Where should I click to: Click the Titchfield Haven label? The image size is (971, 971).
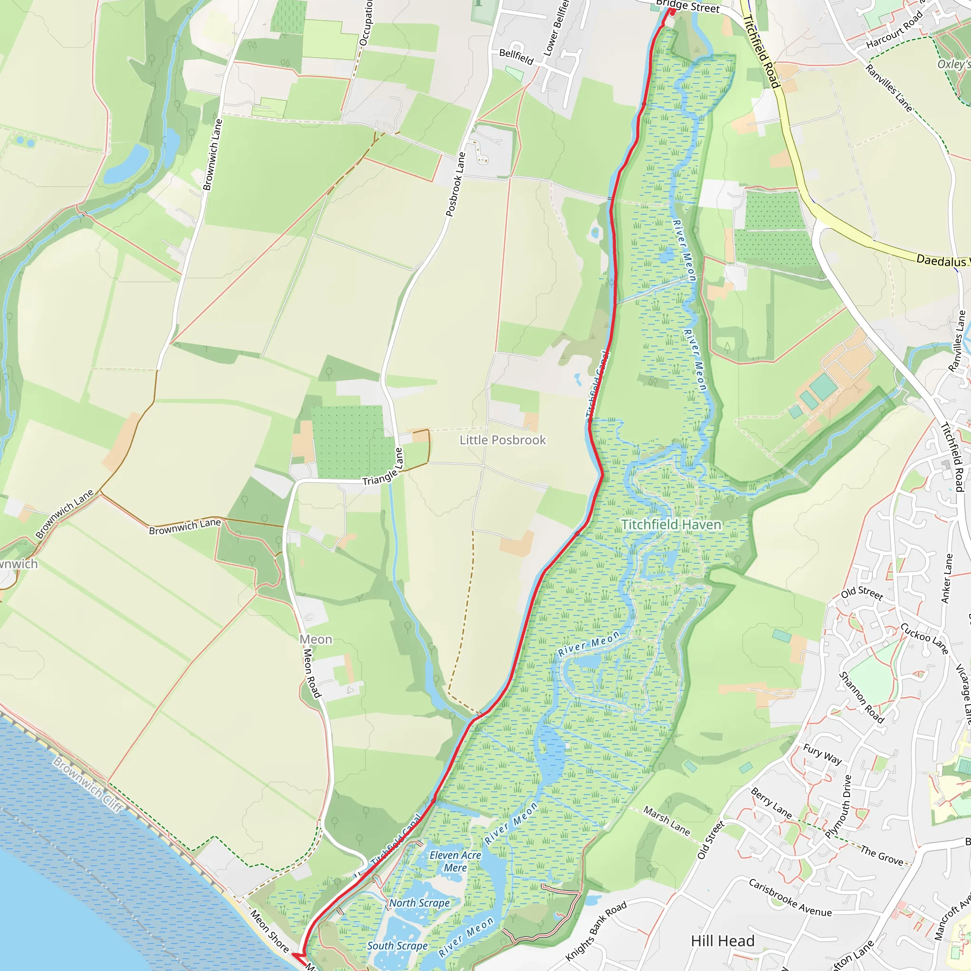[671, 525]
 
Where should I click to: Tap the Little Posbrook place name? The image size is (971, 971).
[503, 440]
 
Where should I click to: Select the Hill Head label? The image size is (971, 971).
[723, 941]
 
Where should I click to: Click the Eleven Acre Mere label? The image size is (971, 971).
[455, 861]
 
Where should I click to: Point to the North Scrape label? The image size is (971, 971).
[420, 903]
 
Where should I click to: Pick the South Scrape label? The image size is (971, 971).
[397, 946]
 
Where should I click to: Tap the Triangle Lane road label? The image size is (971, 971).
[383, 473]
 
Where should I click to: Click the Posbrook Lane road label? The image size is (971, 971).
[455, 184]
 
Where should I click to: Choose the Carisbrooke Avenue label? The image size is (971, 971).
[790, 898]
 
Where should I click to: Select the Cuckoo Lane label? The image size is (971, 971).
[924, 639]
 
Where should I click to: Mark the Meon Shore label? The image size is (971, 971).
[270, 931]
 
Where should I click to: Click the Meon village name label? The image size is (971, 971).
[316, 639]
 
